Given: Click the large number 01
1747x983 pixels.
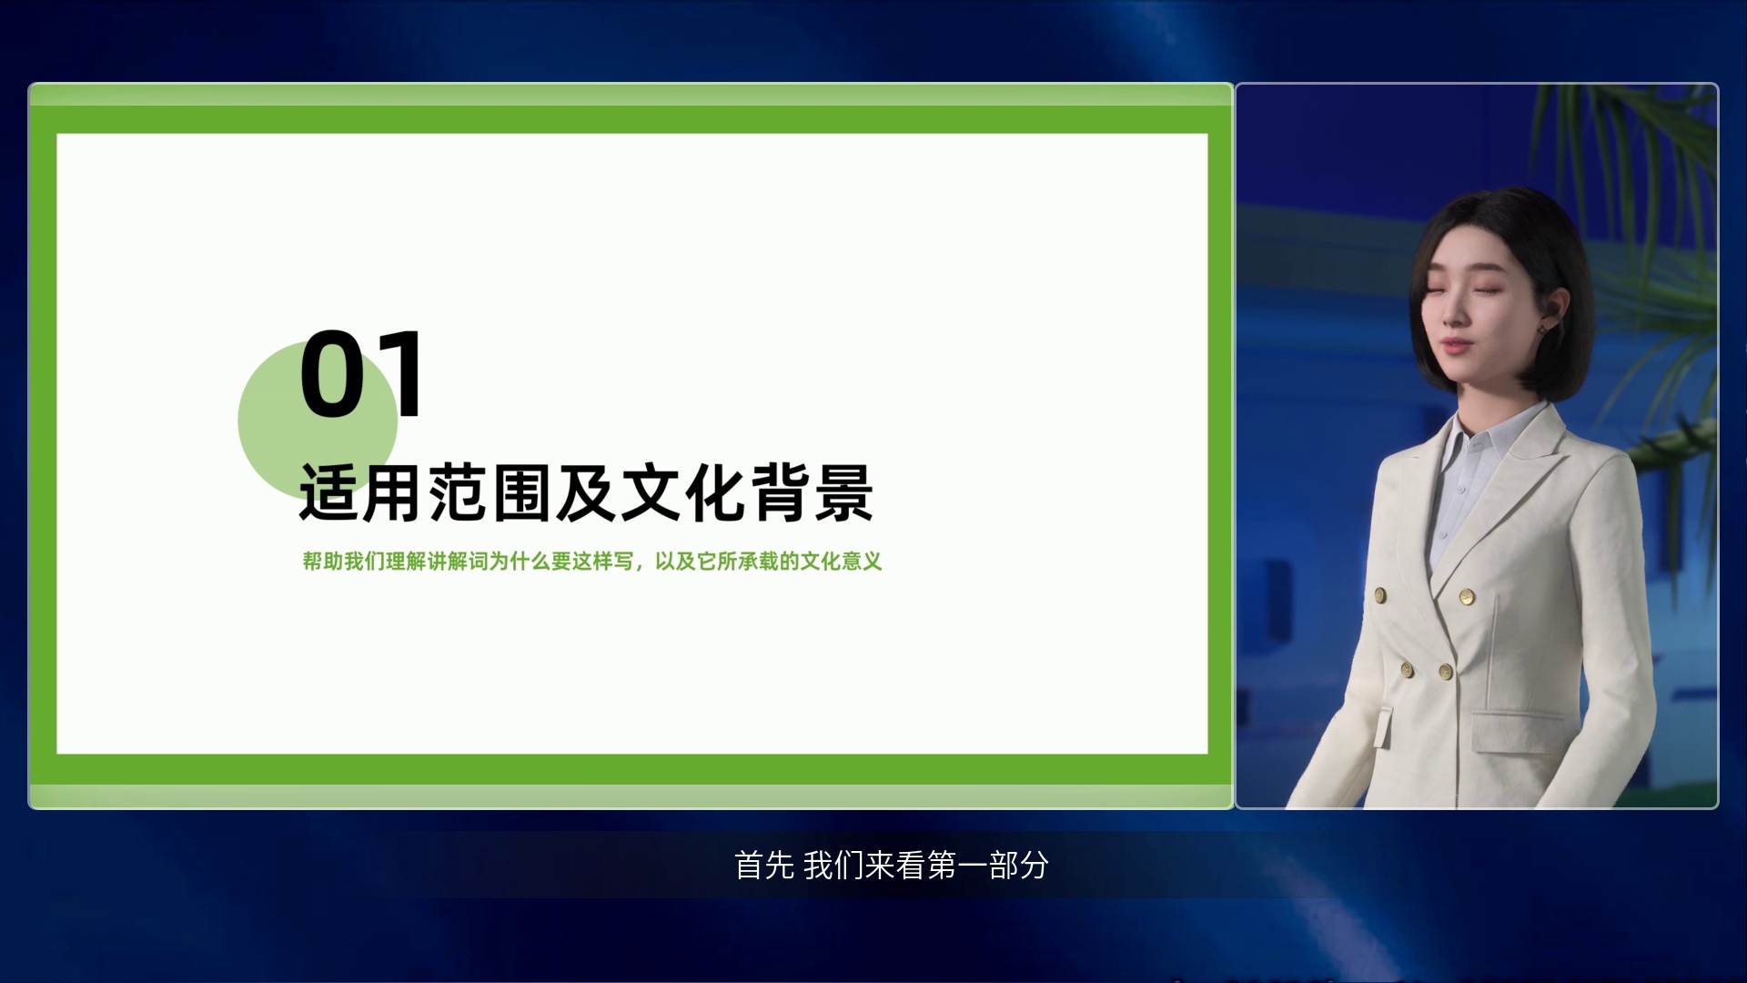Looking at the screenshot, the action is click(x=361, y=374).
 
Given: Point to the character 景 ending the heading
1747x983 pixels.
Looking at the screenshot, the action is click(x=843, y=492).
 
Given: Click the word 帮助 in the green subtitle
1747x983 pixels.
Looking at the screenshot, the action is click(x=323, y=562).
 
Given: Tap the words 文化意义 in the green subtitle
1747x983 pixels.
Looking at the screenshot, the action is click(x=842, y=562).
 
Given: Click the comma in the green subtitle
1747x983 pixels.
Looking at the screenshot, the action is click(x=640, y=566).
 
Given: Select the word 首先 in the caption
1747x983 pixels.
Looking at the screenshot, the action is click(x=764, y=865).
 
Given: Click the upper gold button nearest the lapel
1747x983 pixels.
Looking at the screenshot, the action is click(x=1467, y=597).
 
